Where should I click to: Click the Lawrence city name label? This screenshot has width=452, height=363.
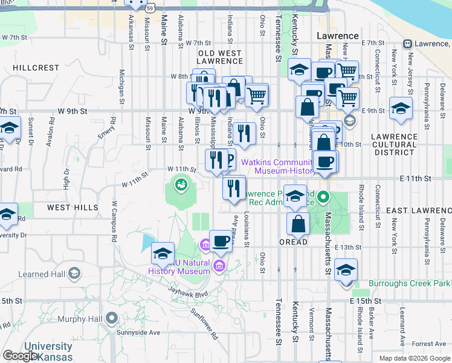pos(338,36)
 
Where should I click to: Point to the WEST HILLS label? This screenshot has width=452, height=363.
pos(73,208)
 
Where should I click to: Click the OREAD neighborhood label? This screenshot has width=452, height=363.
pos(293,242)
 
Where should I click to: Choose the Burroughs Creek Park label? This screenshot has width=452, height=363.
pos(401,283)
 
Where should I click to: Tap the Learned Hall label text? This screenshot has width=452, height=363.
pos(41,274)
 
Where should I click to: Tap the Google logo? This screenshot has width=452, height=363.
pos(21,356)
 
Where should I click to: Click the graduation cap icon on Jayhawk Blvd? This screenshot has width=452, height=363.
pos(163,254)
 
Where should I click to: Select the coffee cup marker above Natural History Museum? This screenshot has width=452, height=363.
pos(221,241)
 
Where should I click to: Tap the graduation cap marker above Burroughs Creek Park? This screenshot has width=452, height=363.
pos(346,269)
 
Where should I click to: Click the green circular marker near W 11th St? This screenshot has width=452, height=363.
pos(179,183)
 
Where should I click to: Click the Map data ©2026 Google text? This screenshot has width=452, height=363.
pos(414,358)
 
